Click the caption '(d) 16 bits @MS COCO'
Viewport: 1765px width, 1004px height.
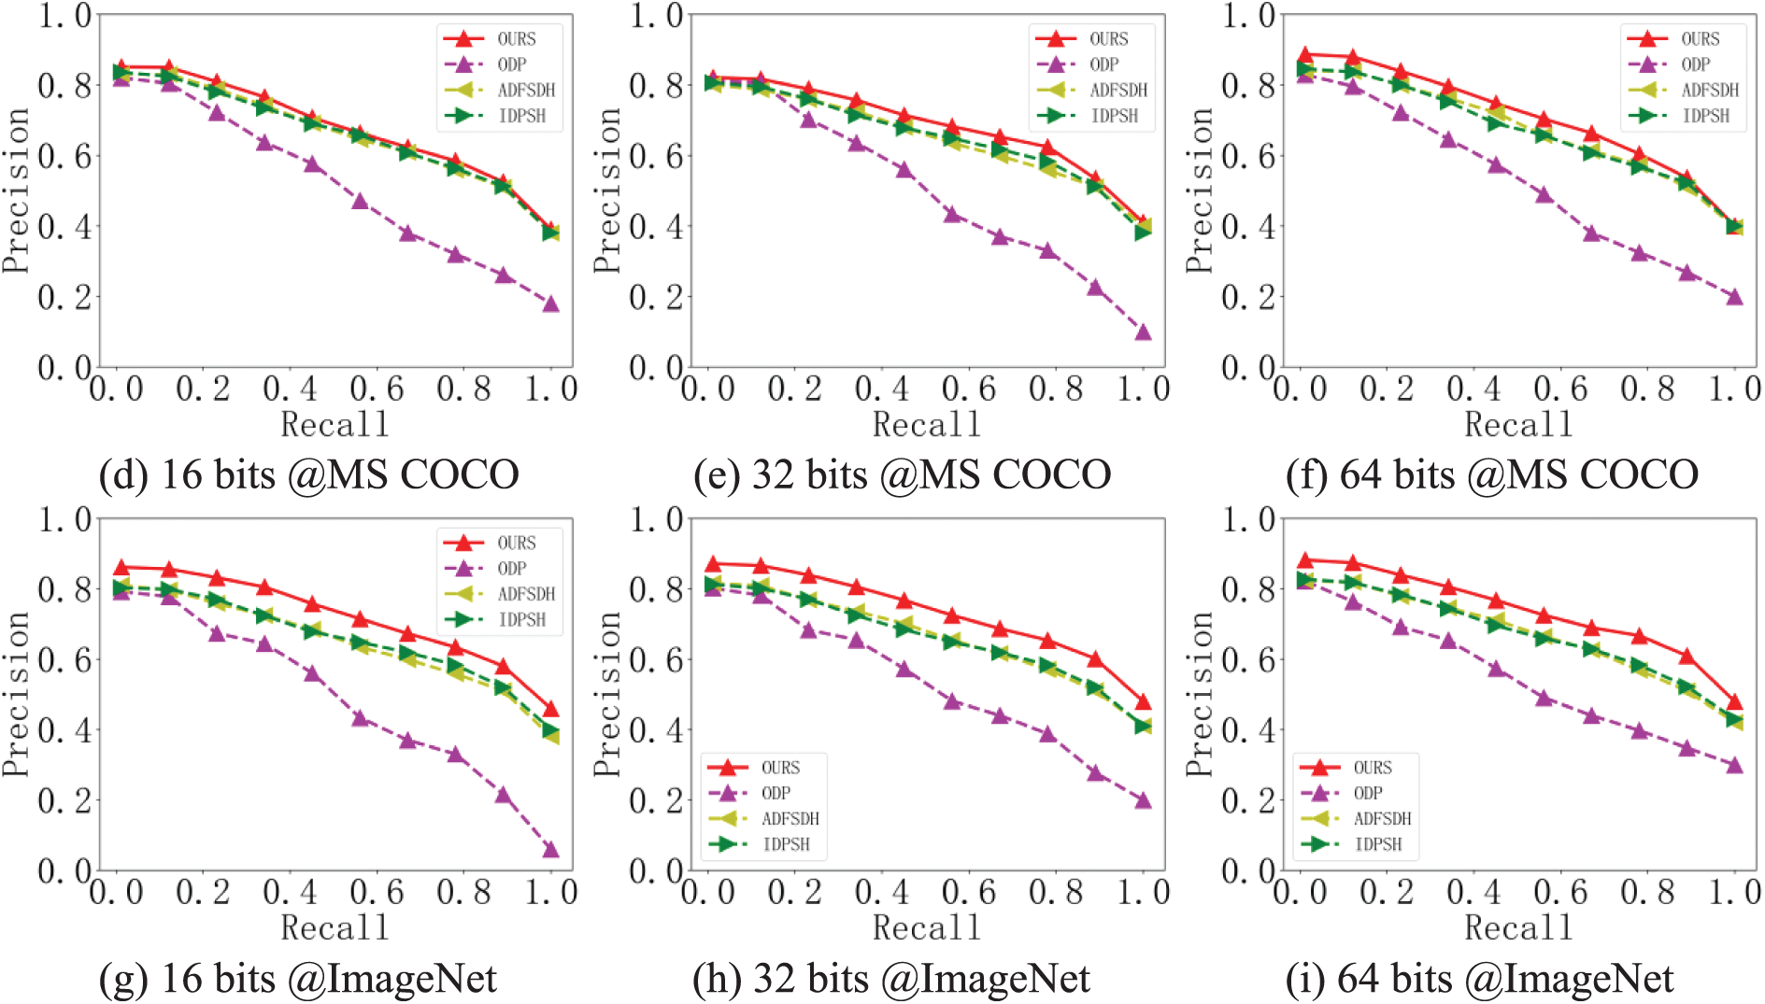308,474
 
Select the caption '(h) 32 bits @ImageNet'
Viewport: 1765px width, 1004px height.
891,979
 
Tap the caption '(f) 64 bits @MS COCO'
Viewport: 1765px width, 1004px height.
1492,474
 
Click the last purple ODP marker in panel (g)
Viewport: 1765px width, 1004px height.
550,849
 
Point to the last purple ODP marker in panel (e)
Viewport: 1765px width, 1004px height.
1143,332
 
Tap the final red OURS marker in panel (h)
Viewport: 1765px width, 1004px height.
1143,701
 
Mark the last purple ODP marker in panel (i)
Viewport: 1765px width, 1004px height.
1734,765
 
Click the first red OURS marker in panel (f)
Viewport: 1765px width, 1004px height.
1304,55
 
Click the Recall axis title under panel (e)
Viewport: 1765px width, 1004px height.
926,425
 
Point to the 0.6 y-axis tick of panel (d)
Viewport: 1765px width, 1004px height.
65,155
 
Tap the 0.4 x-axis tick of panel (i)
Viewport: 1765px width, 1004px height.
1473,892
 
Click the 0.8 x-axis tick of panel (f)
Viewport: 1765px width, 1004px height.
1647,389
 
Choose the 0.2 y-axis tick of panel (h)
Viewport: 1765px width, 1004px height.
657,800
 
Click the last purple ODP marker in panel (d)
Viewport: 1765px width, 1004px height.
550,304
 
